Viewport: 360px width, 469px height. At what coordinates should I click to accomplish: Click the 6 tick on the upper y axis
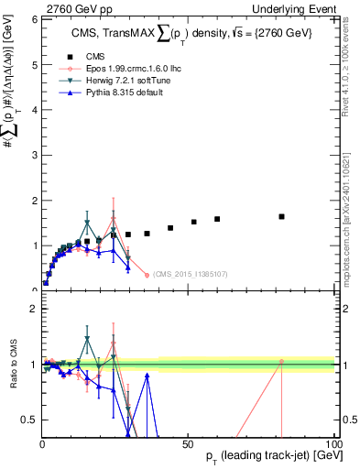34,19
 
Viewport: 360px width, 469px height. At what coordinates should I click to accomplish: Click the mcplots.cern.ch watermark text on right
352,220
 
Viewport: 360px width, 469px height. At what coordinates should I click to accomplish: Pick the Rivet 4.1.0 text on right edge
352,64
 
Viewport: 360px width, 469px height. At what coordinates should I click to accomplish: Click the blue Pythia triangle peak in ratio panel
147,375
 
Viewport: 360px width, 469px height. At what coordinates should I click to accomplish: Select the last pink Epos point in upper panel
147,275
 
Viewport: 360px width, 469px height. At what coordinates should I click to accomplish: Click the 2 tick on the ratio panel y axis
34,308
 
